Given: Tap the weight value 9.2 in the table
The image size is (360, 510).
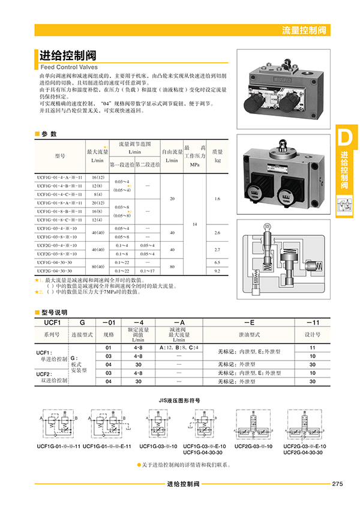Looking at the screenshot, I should click(218, 271).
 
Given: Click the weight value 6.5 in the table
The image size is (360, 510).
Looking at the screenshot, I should click(218, 262).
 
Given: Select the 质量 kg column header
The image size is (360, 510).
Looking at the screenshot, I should click(218, 156).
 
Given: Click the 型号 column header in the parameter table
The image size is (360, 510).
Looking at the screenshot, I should click(59, 156).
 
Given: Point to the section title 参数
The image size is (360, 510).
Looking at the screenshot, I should click(49, 134).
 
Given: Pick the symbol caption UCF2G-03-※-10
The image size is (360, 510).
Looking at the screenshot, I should click(253, 446).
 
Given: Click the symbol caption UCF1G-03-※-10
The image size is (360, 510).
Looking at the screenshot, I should click(158, 446).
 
